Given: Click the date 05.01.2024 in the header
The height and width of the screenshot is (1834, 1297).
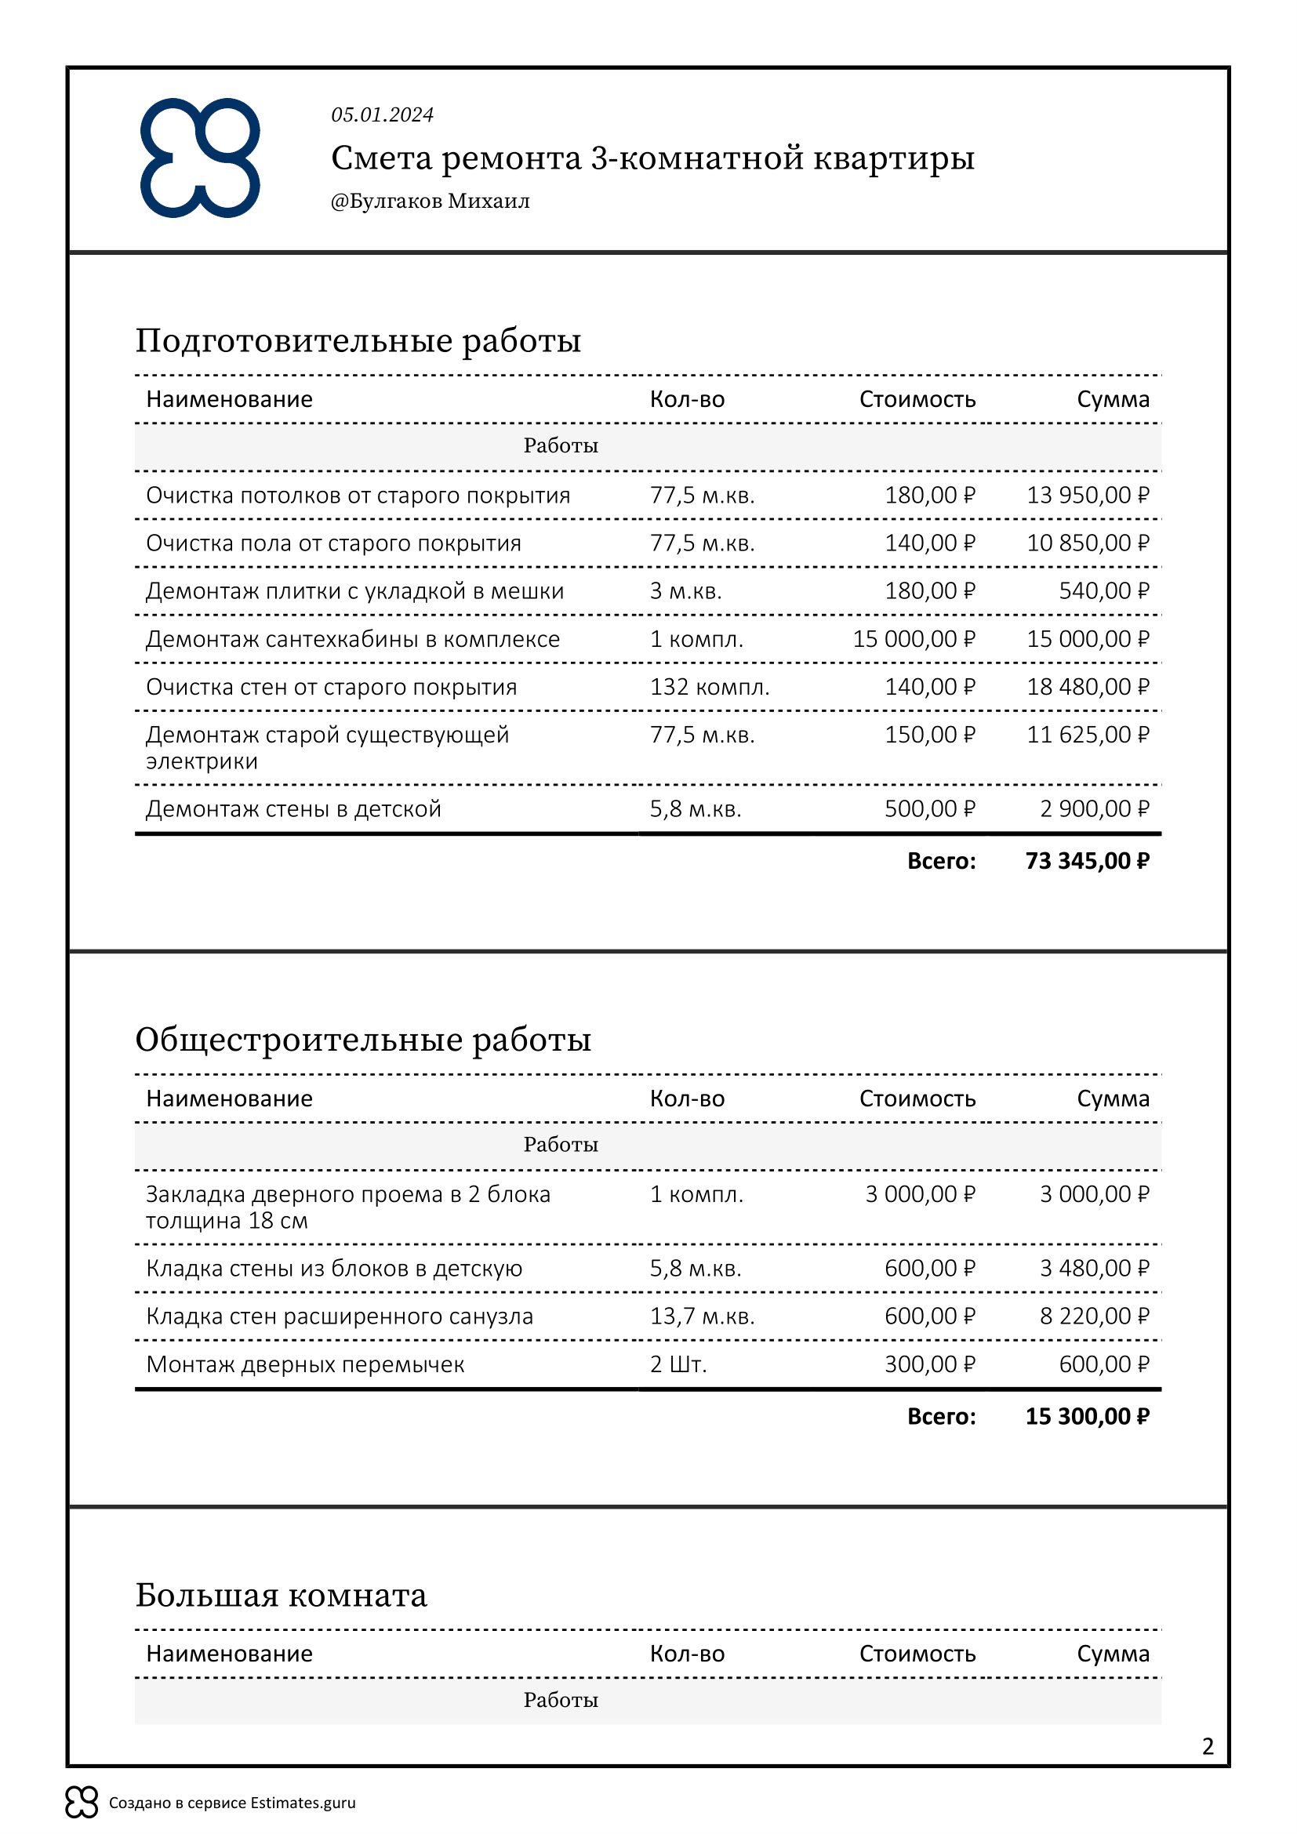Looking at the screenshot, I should click(x=382, y=115).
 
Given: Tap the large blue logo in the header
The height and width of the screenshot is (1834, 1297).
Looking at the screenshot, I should click(x=201, y=158).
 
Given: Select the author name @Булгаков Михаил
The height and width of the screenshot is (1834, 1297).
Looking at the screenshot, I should click(x=430, y=202).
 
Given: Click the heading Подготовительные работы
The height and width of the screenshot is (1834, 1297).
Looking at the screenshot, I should click(x=358, y=340).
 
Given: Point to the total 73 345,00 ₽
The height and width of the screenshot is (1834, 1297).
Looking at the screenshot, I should click(x=1087, y=861).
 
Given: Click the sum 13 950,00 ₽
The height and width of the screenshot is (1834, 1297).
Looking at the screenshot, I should click(x=1088, y=496).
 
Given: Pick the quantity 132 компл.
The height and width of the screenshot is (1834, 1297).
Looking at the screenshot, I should click(x=709, y=687).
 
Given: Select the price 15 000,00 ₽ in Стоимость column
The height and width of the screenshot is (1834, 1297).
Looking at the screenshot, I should click(x=914, y=639).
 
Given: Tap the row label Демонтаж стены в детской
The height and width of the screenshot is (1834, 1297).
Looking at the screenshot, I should click(x=293, y=809).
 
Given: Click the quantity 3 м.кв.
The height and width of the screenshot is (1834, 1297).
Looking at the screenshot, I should click(x=685, y=591).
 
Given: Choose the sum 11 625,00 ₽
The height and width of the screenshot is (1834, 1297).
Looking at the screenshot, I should click(x=1088, y=735).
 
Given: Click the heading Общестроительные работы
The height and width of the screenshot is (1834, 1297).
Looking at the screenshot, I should click(x=363, y=1040).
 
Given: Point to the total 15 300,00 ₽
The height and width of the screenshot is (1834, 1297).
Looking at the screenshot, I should click(x=1087, y=1416).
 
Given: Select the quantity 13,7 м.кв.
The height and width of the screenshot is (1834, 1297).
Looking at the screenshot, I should click(x=702, y=1316).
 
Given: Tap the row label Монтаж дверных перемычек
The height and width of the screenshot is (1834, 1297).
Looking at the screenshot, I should click(x=305, y=1364).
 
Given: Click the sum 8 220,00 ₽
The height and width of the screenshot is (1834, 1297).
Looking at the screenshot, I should click(x=1094, y=1316).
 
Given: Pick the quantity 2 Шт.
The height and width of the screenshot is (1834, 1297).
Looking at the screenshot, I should click(x=678, y=1364).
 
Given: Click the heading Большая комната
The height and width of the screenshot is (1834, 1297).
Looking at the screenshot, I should click(x=282, y=1595).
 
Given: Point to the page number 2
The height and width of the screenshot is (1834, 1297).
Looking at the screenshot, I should click(x=1208, y=1747).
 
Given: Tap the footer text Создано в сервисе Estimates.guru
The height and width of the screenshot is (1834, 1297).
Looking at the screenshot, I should click(x=231, y=1803).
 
